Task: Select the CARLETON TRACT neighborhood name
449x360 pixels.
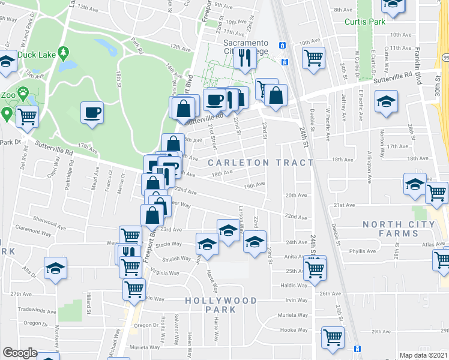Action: [x=261, y=163]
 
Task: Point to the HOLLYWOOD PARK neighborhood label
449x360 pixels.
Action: [x=221, y=305]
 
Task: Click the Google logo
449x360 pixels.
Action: [x=20, y=353]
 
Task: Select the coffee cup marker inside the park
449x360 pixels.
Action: [x=92, y=113]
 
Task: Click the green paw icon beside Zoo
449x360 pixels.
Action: [x=23, y=94]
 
